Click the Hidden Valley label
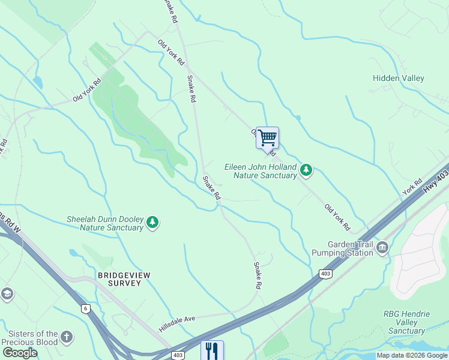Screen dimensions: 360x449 pos(398,79)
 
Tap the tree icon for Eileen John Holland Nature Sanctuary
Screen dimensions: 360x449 pos(307,170)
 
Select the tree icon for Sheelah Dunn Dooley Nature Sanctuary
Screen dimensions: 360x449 pos(152,223)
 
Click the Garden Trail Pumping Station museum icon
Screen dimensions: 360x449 pos(382,248)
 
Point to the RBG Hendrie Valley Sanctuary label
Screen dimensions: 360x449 pos(406,322)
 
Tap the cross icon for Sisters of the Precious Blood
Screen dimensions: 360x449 pos(67,337)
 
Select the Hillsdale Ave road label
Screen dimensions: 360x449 pos(178,325)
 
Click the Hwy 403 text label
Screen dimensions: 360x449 pos(435,180)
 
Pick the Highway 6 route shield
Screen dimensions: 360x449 pos(86,308)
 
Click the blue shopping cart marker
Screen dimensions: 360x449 pos(267,138)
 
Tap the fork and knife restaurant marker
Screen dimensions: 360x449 pos(212,350)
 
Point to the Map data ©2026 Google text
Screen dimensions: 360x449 pos(412,355)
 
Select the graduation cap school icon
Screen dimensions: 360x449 pos(7,294)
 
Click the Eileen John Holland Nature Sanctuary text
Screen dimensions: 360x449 pos(261,171)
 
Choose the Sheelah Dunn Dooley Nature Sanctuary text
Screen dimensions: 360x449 pos(105,223)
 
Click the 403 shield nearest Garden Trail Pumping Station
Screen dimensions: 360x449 pos(325,274)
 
